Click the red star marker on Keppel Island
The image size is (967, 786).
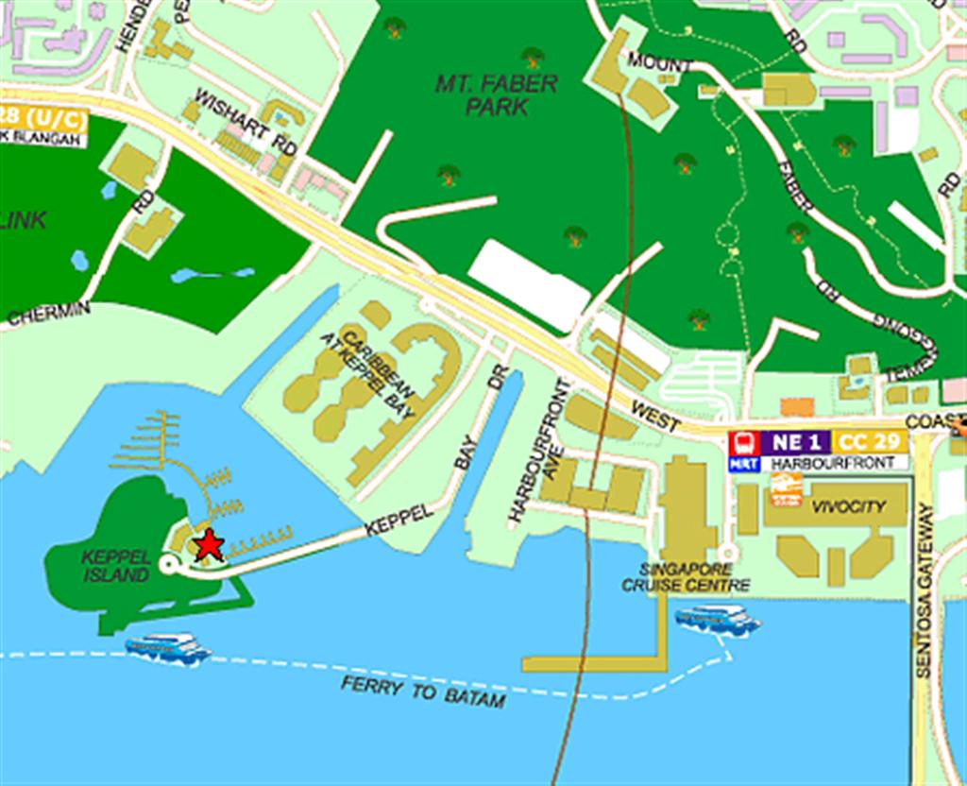click(208, 545)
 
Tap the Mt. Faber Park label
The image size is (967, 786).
click(496, 94)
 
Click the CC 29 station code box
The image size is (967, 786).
click(869, 441)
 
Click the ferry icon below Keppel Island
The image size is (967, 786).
click(167, 648)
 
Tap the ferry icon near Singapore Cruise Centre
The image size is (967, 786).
click(718, 620)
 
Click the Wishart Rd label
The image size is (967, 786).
click(246, 122)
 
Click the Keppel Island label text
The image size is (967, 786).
click(116, 566)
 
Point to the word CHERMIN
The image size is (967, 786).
click(49, 314)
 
